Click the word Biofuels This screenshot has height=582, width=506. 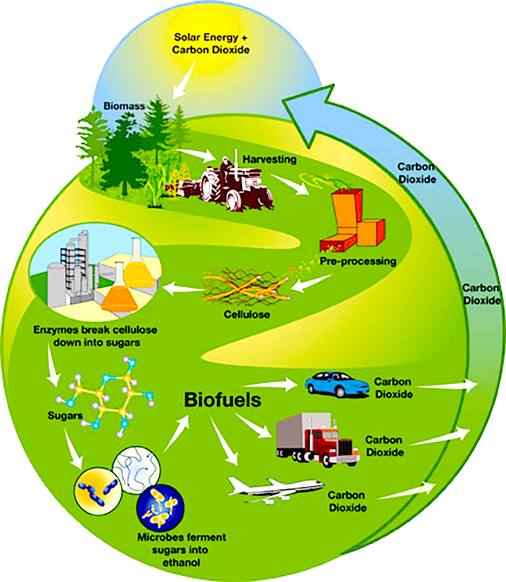tap(223, 400)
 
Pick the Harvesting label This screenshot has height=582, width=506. tap(269, 159)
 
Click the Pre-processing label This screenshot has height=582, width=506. tap(358, 261)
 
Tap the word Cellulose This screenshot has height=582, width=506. tap(247, 314)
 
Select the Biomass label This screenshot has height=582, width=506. tap(124, 106)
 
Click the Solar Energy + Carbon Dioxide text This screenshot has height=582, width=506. tap(211, 44)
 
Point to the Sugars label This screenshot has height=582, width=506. tap(65, 416)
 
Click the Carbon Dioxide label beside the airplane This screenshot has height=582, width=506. tap(347, 501)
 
